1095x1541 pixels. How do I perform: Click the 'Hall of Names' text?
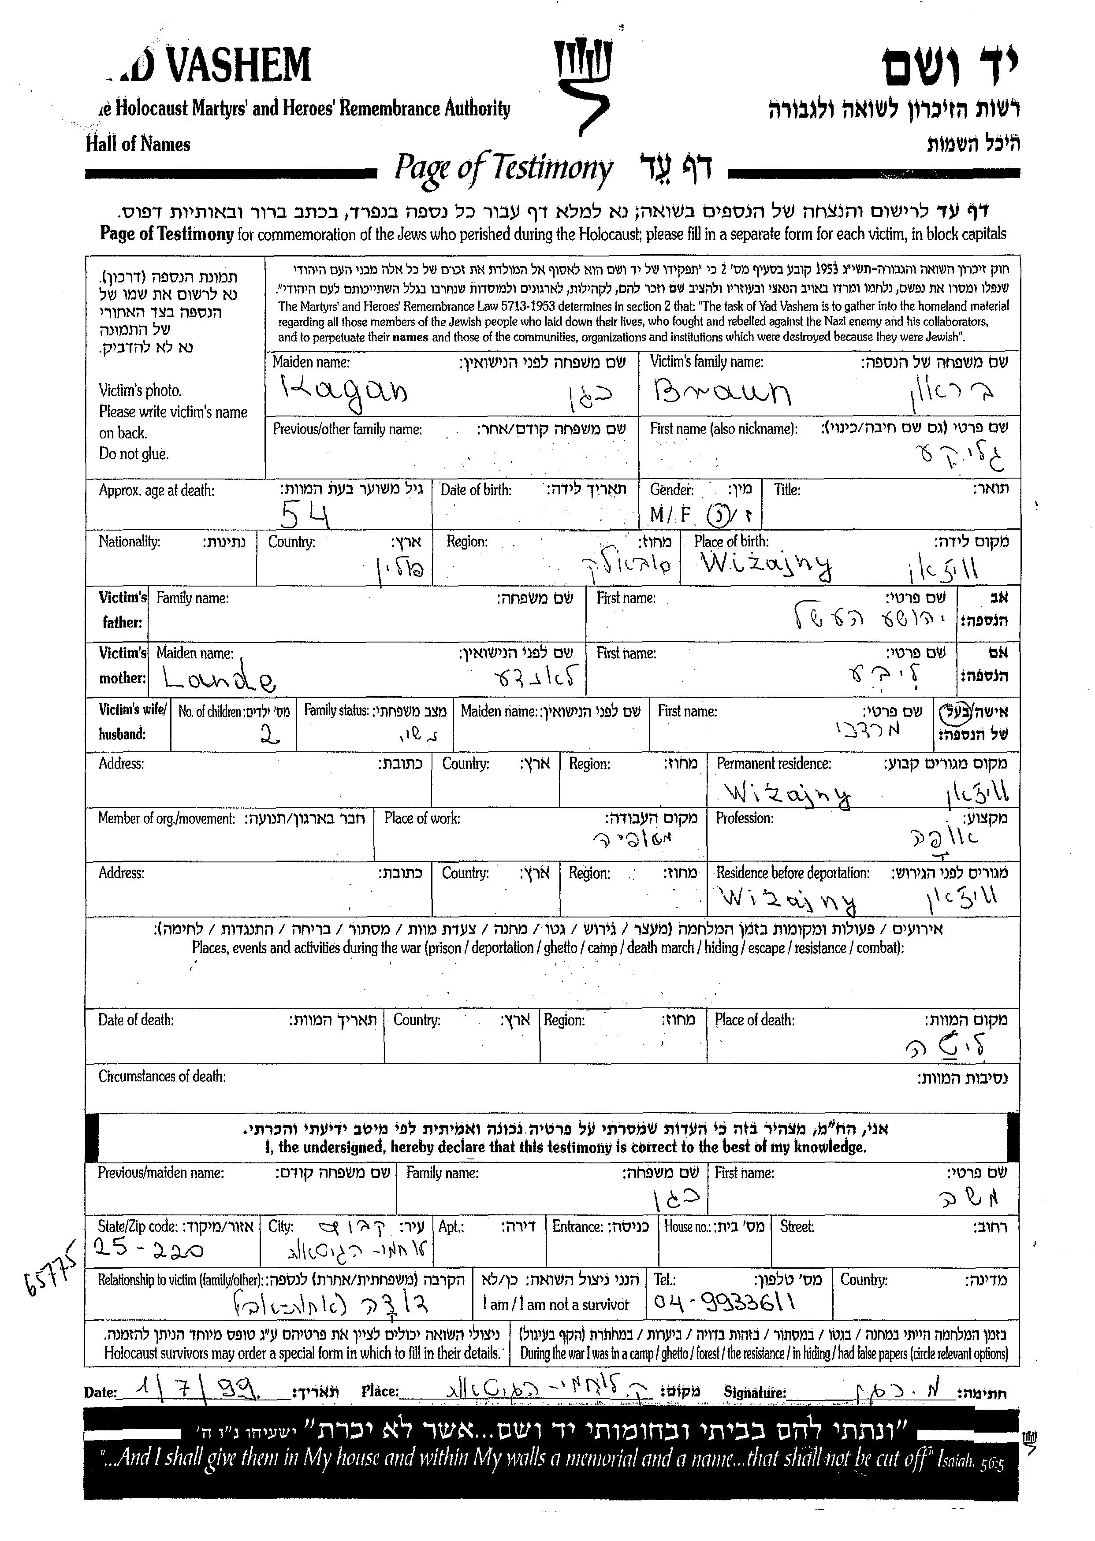138,144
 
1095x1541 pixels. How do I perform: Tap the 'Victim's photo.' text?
140,390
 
